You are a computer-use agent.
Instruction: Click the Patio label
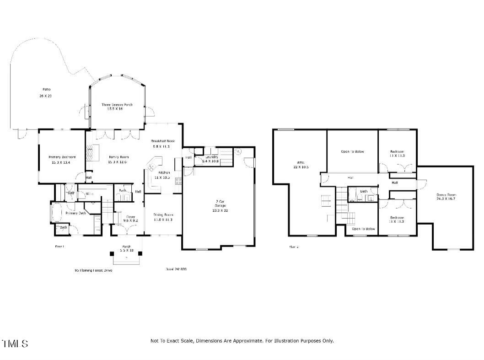tap(44, 89)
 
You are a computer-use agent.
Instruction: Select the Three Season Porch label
tap(117, 105)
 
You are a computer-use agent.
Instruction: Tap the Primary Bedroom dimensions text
tap(62, 162)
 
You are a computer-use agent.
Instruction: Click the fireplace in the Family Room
tap(93, 153)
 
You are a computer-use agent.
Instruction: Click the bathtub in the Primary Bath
tap(56, 213)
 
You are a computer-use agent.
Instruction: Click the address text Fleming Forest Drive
tap(93, 270)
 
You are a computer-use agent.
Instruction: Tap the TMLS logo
tap(15, 344)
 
